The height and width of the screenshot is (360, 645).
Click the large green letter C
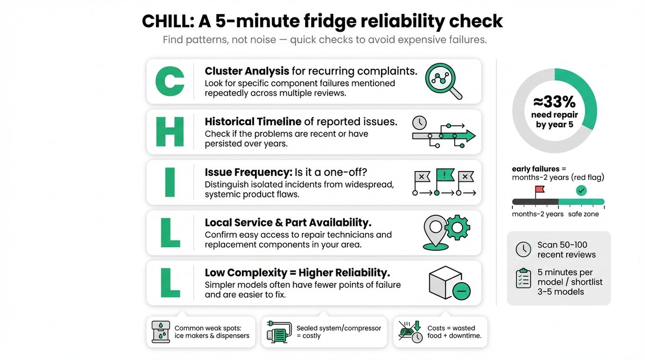click(x=170, y=81)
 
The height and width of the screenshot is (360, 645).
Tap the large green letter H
click(x=170, y=132)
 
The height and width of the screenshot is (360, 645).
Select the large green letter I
click(x=170, y=182)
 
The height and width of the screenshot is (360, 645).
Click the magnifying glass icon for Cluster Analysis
click(x=442, y=80)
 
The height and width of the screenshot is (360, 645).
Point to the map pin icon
click(x=435, y=231)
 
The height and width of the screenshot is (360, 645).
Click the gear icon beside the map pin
click(x=457, y=227)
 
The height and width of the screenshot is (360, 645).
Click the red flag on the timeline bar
click(x=539, y=190)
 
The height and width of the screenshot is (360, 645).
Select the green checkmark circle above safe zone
click(x=581, y=190)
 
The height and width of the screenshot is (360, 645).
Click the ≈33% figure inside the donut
click(x=554, y=102)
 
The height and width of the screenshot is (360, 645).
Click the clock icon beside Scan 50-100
click(x=523, y=249)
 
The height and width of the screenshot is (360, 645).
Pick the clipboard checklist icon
click(x=523, y=279)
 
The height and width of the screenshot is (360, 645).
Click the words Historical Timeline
click(x=253, y=121)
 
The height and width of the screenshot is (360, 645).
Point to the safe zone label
click(x=583, y=214)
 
